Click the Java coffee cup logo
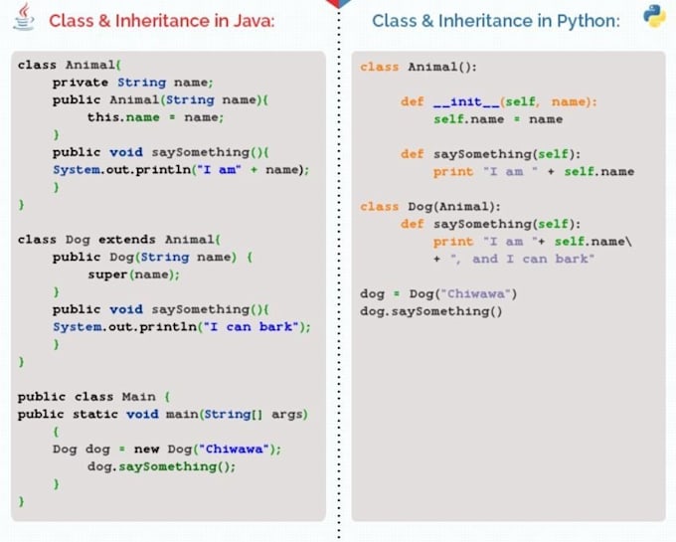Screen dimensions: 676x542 pos(24,17)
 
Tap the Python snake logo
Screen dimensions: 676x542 pos(654,16)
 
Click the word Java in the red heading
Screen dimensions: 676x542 pos(253,21)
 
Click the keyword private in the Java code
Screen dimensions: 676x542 pos(81,83)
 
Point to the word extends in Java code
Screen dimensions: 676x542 pos(127,240)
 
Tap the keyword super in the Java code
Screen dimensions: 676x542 pos(107,274)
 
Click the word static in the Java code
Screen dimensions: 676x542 pos(94,414)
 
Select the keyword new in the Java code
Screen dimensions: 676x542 pos(146,449)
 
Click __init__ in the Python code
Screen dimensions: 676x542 pos(466,101)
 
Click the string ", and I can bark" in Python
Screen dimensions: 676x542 pos(522,259)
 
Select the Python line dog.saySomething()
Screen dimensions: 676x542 pos(431,311)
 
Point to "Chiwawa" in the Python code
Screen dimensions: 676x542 pos(475,293)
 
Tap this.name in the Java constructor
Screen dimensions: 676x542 pos(123,117)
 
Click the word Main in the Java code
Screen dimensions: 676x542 pos(138,397)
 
